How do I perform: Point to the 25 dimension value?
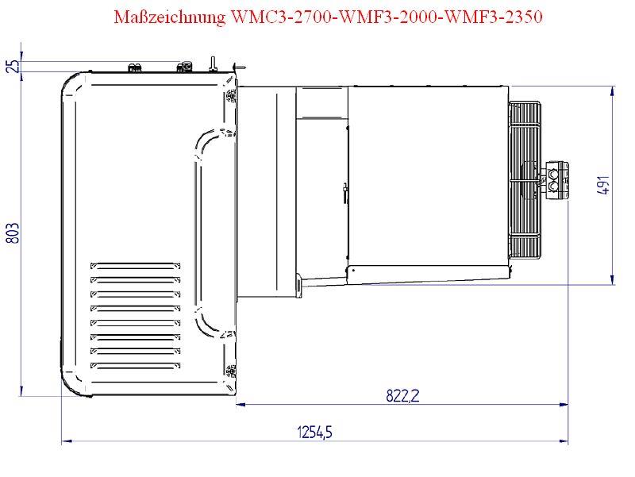13,66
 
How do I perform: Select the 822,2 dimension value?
402,395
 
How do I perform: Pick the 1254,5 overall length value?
314,431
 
